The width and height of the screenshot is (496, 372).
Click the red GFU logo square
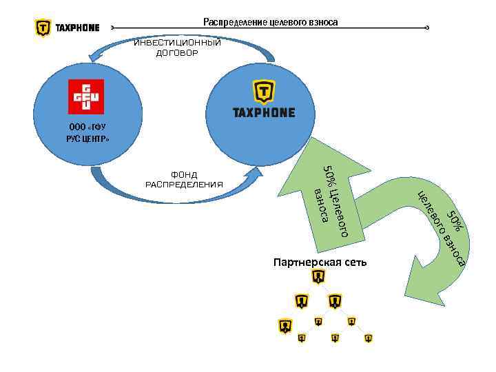pos(85,96)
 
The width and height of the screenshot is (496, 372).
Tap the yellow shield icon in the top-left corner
pos(43,28)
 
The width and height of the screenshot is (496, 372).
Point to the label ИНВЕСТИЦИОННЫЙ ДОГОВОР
pos(177,48)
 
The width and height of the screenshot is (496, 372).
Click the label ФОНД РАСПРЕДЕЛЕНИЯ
pos(185,179)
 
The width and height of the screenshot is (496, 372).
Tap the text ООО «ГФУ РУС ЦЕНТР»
pos(87,133)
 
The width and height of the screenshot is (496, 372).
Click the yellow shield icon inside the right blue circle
pos(263,92)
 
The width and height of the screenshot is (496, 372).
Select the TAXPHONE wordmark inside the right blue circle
pos(264,112)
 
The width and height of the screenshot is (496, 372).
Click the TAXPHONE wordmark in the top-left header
pos(76,28)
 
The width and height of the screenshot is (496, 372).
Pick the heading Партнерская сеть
pos(320,262)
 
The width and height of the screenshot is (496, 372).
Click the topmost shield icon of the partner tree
pos(318,277)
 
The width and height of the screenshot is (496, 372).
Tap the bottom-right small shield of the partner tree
pos(369,338)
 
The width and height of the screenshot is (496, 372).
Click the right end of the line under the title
pos(428,28)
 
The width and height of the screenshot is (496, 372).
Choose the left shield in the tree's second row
pos(301,301)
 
